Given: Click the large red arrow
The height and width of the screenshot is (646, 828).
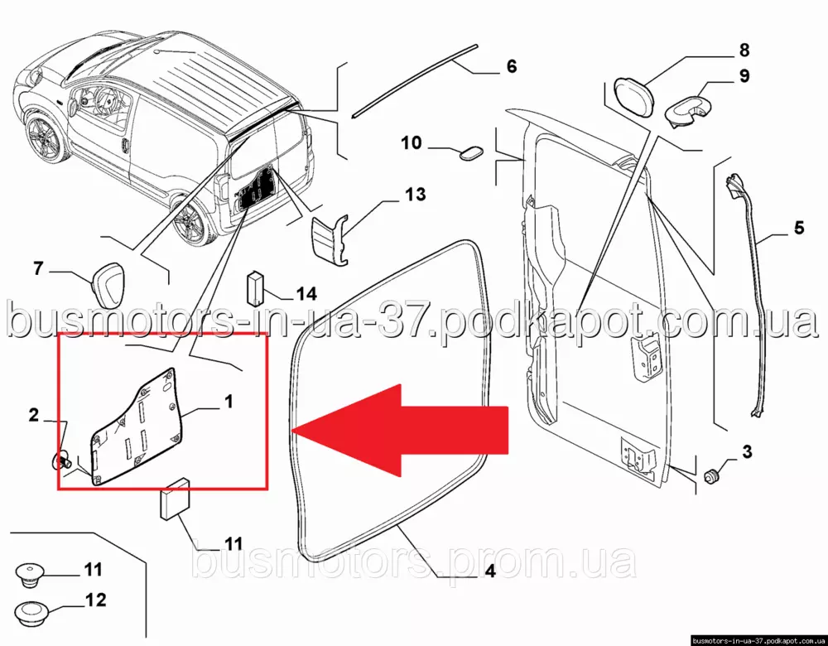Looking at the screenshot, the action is coord(402,431).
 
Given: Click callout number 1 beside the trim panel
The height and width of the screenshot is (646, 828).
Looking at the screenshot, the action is coord(229,402).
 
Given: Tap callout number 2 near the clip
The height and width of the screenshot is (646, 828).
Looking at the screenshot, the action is coord(34,415).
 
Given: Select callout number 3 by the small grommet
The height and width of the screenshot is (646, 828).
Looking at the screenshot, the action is coord(746,452).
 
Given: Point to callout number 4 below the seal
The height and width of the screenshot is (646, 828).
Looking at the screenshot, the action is coord(489,571).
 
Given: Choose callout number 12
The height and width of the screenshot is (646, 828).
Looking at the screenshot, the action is coord(95,600).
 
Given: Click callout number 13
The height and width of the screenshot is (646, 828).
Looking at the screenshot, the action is coord(415,194).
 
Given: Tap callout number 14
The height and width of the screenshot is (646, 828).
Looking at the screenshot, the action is coord(306,293).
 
